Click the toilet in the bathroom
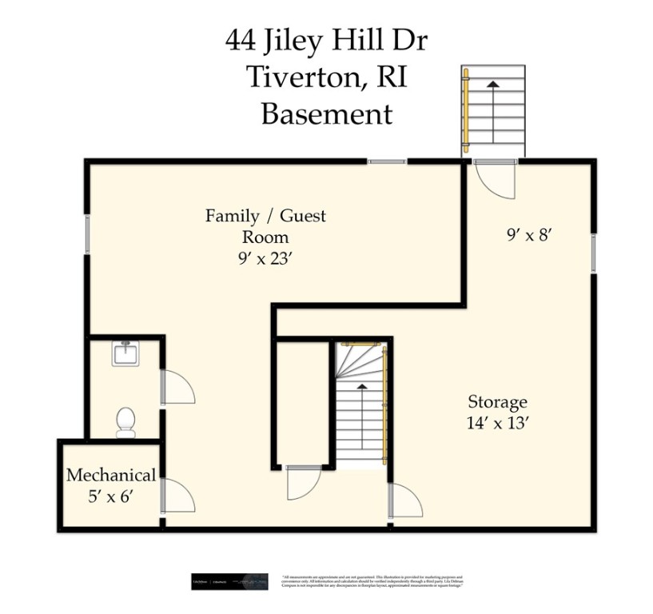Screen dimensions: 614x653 point(125,421)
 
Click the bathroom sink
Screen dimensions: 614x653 point(125,353)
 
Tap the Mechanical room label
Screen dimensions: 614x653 point(111,475)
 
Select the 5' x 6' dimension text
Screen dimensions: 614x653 point(110,496)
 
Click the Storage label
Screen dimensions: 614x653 point(497,401)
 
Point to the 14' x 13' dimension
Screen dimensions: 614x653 point(497,423)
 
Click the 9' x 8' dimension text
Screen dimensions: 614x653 point(530,234)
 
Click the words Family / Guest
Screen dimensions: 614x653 point(265,216)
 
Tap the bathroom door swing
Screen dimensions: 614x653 point(177,387)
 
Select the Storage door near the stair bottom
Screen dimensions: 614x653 point(405,501)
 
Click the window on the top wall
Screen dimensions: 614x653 point(387,161)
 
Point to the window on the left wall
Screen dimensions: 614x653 point(86,233)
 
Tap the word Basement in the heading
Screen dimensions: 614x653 point(327,114)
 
